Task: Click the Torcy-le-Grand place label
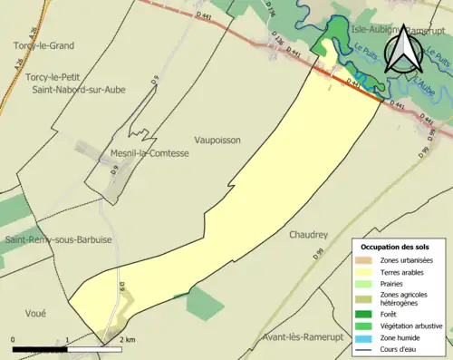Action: (43, 44)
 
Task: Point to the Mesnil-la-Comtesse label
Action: (149, 153)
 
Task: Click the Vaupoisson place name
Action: (217, 141)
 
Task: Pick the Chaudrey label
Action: (308, 234)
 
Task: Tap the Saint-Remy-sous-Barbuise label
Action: (58, 240)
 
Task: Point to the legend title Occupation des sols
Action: (395, 247)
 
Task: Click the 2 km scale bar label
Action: (128, 339)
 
